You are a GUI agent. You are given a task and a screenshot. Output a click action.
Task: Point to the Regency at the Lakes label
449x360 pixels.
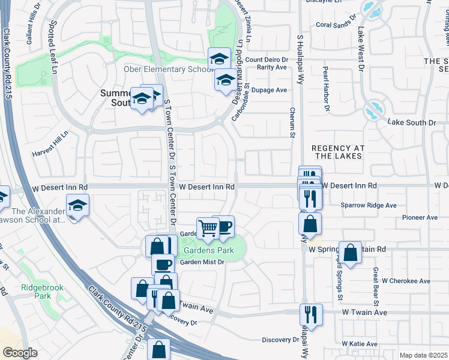(337, 151)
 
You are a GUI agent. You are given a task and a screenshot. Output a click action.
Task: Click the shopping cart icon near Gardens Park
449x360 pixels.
(208, 227)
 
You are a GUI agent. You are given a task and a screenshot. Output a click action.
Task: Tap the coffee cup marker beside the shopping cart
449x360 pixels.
(223, 226)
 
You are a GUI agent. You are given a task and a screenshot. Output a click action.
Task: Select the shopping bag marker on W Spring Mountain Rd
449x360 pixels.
(350, 251)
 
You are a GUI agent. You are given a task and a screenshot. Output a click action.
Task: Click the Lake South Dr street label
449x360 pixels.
(412, 122)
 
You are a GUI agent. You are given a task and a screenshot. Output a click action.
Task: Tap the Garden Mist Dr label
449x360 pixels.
(202, 262)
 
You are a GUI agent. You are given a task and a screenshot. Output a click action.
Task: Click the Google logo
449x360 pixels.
(20, 353)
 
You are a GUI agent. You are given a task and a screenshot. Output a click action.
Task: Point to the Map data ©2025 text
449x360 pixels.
(423, 355)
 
